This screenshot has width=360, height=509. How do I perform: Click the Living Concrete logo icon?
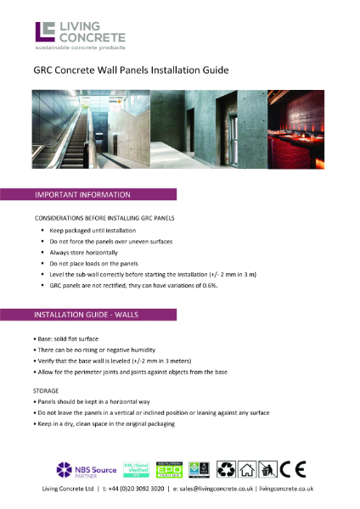(44, 31)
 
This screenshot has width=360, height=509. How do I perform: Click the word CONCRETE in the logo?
(91, 37)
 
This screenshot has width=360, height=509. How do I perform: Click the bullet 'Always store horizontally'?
(80, 253)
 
